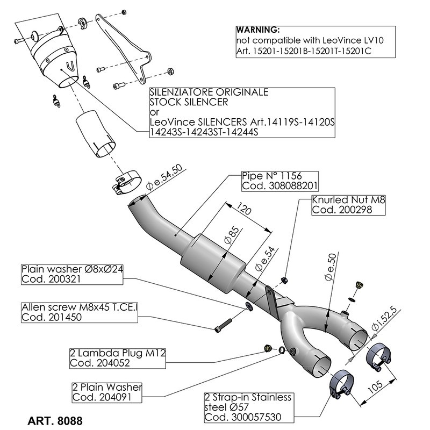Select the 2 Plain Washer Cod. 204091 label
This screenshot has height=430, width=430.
click(x=107, y=392)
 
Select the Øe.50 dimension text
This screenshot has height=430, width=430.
click(x=329, y=268)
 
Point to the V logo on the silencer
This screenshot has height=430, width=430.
click(x=68, y=66)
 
